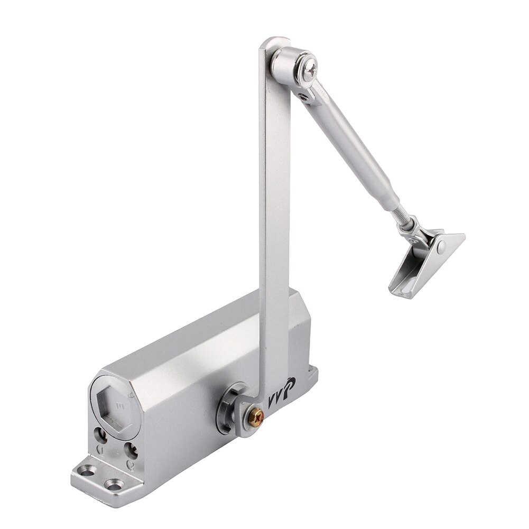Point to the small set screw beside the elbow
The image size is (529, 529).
click(x=304, y=97)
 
